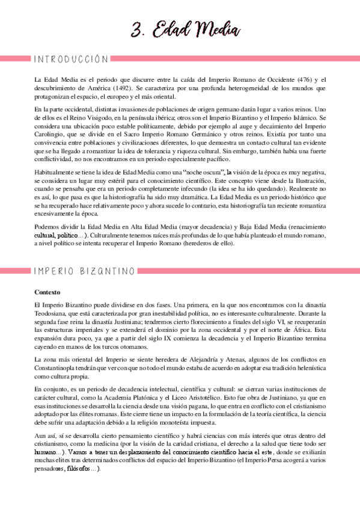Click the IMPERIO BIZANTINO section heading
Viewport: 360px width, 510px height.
coord(84,271)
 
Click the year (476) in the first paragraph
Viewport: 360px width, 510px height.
coord(299,80)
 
